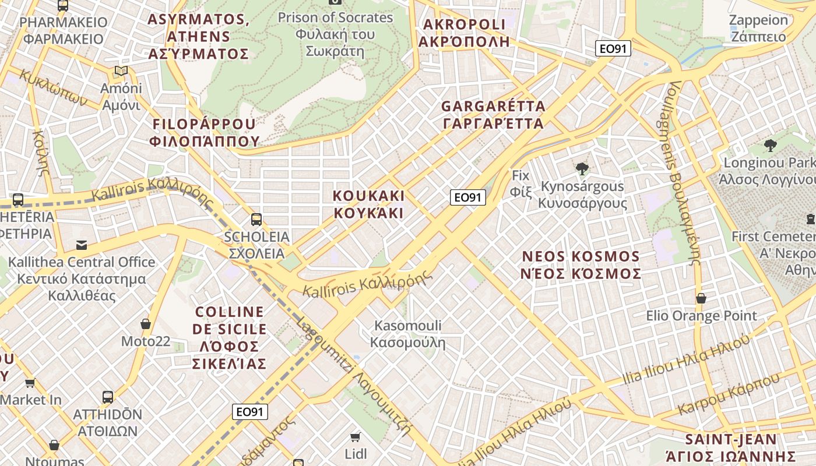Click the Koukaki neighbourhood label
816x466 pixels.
(368, 204)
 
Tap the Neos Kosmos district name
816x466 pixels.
(581, 265)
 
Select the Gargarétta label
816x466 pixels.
(493, 115)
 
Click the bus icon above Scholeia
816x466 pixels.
(256, 220)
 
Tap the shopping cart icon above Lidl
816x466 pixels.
(355, 437)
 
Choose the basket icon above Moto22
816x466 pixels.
(146, 324)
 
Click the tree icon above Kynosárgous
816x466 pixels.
(582, 169)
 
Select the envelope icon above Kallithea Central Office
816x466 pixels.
(82, 245)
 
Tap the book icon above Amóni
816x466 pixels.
(121, 71)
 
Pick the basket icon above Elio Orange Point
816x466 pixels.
(701, 299)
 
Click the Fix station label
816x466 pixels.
(520, 183)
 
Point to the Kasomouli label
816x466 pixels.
(408, 334)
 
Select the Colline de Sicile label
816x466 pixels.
(229, 338)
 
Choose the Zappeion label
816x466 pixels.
(766, 28)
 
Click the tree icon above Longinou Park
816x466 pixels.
(770, 145)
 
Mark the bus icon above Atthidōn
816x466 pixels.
(108, 397)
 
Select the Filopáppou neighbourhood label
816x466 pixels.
(204, 132)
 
